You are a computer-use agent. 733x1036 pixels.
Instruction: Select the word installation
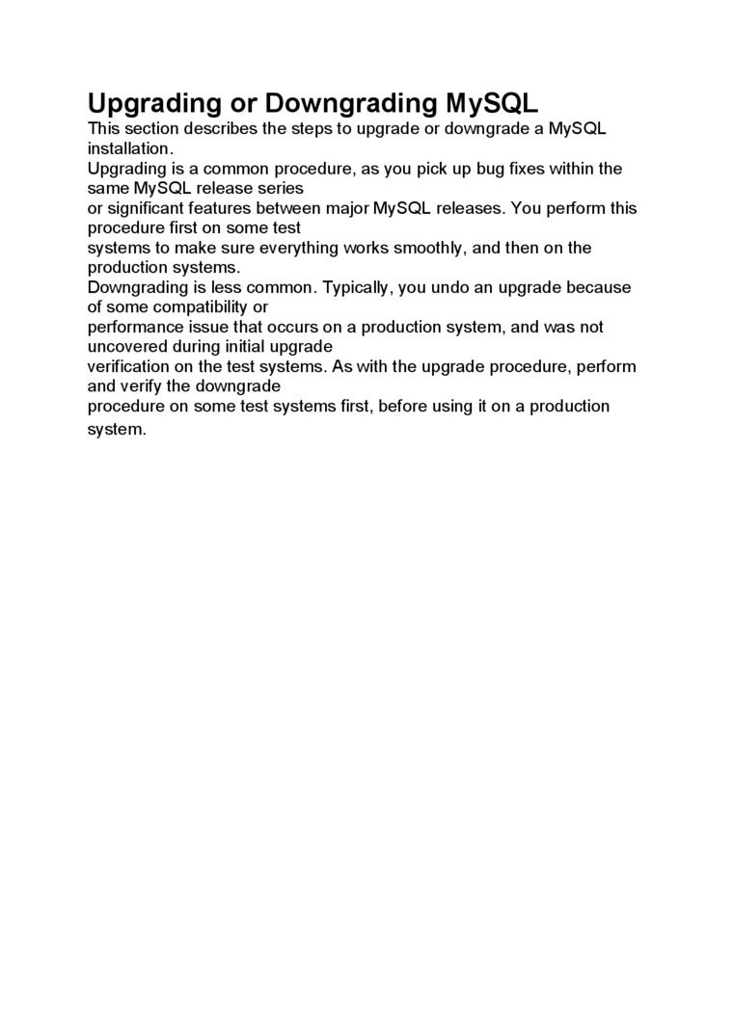pos(129,148)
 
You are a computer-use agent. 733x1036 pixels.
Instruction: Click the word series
pos(281,188)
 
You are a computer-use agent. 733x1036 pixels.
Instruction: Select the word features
pos(231,208)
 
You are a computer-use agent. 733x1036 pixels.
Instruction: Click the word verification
pos(128,366)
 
